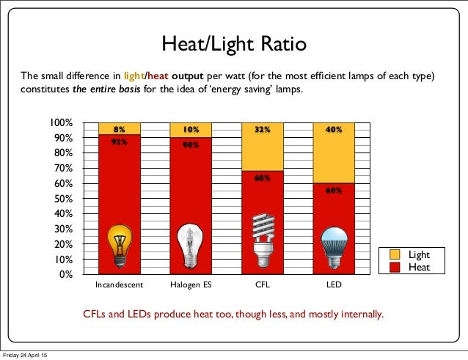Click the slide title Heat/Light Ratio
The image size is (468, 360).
coord(234,45)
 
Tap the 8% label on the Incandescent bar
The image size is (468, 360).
coord(119,129)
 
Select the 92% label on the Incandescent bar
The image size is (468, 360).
coord(119,143)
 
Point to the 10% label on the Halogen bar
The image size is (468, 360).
coord(191,130)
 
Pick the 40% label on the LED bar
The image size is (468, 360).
coord(334,130)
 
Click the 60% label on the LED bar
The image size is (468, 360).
coord(334,190)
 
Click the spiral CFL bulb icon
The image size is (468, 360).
coord(263,243)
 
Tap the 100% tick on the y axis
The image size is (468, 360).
coord(60,122)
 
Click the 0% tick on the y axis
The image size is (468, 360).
coord(65,274)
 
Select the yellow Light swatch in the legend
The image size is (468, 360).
coord(393,255)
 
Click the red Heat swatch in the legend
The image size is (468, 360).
coord(393,267)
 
